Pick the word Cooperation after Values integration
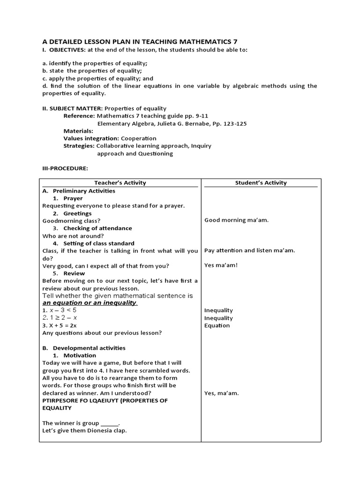click(x=139, y=138)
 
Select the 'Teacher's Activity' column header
click(x=120, y=183)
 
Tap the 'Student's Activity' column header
click(x=261, y=183)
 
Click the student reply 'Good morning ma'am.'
click(x=236, y=220)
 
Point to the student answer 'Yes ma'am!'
click(x=221, y=265)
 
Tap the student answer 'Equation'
click(x=217, y=325)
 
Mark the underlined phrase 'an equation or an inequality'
click(x=89, y=303)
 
